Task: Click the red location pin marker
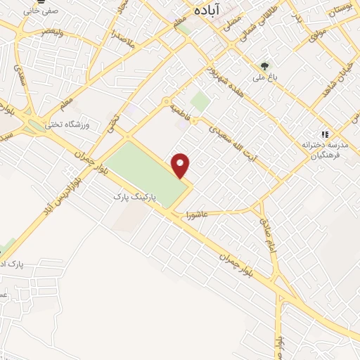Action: [181, 165]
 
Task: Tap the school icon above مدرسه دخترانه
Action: [324, 134]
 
